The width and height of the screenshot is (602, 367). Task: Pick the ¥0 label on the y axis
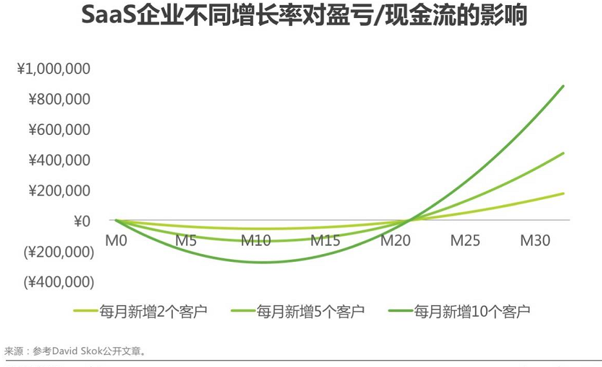81,221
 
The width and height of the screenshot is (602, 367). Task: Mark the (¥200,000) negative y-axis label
59,252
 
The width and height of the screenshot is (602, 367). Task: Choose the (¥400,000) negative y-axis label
59,282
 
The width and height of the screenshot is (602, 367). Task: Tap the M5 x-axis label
186,241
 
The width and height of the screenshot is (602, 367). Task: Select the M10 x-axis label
256,241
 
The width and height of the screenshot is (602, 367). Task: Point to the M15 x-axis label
325,241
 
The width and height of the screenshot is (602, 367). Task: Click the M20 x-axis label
395,241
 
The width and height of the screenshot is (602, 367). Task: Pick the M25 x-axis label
465,241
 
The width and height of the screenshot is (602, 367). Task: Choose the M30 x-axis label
534,241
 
